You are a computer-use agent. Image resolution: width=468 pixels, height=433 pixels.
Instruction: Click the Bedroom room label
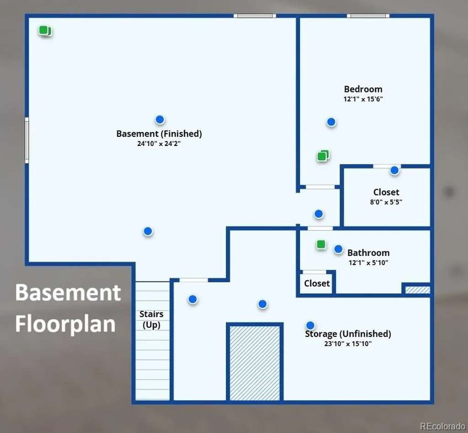[363, 89]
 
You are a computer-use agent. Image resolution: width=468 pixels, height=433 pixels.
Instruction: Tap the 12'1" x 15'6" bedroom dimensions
[363, 99]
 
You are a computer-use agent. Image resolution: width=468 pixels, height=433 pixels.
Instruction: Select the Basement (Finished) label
[159, 134]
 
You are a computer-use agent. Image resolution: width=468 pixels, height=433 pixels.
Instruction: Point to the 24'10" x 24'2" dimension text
[159, 144]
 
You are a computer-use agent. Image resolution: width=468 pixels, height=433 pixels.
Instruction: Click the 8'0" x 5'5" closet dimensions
[386, 202]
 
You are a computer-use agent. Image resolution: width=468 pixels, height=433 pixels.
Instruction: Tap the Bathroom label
[368, 253]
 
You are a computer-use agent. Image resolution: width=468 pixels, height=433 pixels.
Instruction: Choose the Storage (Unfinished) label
[348, 334]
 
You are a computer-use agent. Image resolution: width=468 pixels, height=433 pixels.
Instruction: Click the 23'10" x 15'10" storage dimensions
[348, 344]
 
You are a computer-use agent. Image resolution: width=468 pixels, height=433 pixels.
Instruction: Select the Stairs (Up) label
[151, 320]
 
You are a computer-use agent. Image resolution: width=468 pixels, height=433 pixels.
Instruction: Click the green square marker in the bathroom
[321, 245]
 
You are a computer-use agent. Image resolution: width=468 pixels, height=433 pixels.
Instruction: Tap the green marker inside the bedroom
[323, 156]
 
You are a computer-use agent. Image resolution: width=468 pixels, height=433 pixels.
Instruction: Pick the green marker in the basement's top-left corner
[45, 31]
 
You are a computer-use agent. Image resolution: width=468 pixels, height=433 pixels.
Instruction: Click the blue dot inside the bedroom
[331, 122]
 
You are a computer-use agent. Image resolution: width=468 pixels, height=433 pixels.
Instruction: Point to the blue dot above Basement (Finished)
[160, 120]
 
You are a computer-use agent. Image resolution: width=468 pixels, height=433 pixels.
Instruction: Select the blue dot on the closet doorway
[394, 170]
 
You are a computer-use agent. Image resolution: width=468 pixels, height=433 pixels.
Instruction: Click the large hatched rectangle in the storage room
[255, 363]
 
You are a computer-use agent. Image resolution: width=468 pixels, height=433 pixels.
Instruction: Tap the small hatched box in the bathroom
[418, 290]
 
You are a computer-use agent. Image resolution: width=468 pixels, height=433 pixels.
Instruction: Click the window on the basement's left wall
[27, 140]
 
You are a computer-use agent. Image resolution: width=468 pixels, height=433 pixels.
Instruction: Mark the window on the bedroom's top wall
[368, 16]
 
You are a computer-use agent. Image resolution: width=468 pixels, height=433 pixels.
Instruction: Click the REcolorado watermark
[442, 426]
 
